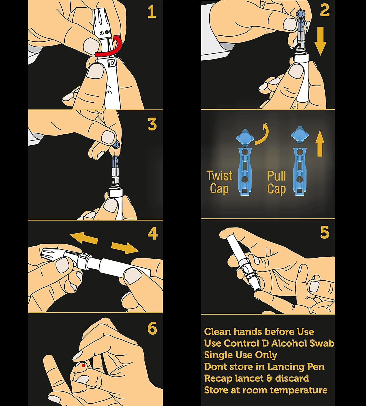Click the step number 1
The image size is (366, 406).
(152, 12)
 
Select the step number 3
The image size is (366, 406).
(152, 124)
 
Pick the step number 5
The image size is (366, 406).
(325, 232)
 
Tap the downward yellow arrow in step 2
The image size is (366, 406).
(320, 41)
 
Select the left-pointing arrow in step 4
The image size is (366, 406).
(84, 238)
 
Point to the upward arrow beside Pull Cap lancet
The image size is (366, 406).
(320, 143)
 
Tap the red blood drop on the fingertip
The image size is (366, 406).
(83, 365)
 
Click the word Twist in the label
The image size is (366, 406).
(219, 176)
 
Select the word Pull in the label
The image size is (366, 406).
(277, 176)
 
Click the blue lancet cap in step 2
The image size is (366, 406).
(301, 14)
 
